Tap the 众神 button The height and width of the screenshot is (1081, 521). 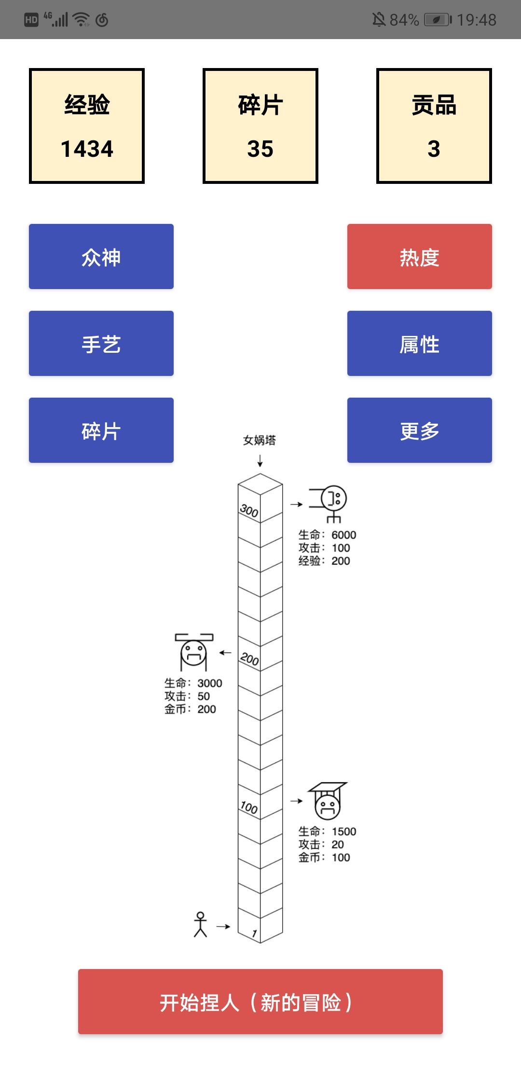(101, 256)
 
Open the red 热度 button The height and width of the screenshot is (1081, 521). (420, 256)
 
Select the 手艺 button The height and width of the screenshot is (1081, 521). (101, 343)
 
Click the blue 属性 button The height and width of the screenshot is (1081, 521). (420, 343)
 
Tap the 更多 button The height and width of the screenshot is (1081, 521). (420, 430)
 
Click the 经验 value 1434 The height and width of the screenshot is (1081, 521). (87, 149)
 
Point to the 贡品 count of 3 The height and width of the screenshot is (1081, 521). (434, 149)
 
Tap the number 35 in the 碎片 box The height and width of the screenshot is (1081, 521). (260, 149)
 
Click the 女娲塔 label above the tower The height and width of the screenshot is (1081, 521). (260, 440)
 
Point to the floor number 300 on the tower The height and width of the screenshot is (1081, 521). (249, 511)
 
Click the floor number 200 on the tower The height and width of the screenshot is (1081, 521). (249, 659)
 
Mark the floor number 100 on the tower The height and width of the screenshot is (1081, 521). (249, 807)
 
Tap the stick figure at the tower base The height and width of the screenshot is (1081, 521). (200, 924)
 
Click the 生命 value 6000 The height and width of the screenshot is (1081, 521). (344, 535)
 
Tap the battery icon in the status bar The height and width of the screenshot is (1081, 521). (438, 20)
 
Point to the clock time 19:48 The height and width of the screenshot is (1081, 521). (477, 20)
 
